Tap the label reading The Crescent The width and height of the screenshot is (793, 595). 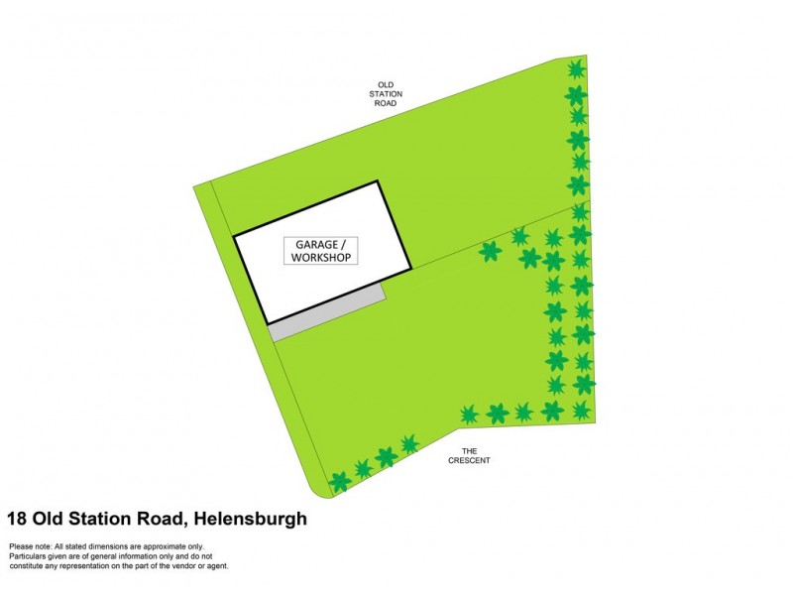(469, 455)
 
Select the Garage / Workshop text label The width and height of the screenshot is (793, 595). (321, 250)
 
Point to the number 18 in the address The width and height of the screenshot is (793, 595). (17, 518)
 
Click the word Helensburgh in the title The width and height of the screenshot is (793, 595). (251, 518)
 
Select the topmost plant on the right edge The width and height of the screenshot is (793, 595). (575, 68)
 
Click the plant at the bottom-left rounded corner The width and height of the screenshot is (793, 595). (340, 482)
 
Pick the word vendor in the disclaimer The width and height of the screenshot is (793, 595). (186, 566)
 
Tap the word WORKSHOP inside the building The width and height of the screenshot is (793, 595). (321, 257)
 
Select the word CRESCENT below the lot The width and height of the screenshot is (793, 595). (469, 460)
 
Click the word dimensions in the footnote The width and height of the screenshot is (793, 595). (108, 546)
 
